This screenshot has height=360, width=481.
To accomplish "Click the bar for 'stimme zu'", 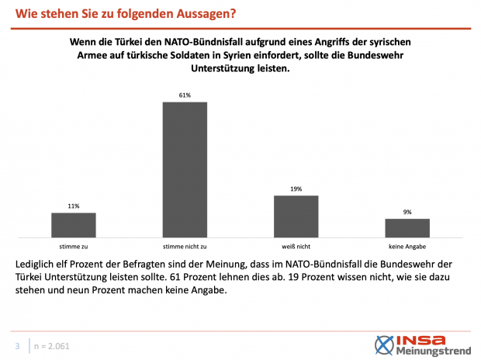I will pyautogui.click(x=74, y=224).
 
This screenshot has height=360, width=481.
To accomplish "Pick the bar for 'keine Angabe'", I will pyautogui.click(x=407, y=227).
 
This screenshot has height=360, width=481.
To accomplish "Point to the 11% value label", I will pyautogui.click(x=74, y=206).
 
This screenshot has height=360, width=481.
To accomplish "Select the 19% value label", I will pyautogui.click(x=296, y=189).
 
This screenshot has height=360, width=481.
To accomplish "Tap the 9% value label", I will pyautogui.click(x=407, y=212).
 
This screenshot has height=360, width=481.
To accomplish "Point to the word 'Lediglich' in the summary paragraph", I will pyautogui.click(x=36, y=265).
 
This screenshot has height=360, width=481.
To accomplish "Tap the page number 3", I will pyautogui.click(x=17, y=345).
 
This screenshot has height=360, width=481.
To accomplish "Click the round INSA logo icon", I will pyautogui.click(x=384, y=344).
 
